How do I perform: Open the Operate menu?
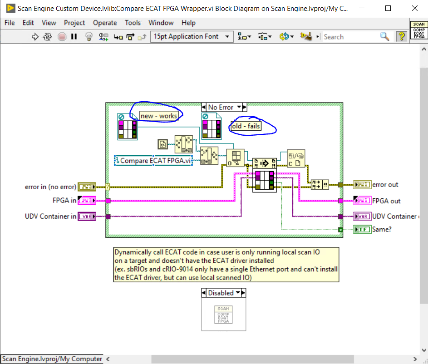click(105, 23)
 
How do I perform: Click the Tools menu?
click(133, 23)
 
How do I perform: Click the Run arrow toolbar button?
click(35, 37)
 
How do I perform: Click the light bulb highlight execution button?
click(89, 37)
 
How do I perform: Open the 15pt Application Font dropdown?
click(192, 37)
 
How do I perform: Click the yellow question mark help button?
click(401, 37)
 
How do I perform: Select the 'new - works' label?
click(158, 116)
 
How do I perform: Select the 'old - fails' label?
click(246, 126)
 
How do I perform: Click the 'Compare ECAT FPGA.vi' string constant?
click(153, 161)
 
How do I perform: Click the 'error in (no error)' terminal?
click(86, 186)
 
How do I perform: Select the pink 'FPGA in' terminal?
click(86, 201)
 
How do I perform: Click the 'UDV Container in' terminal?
click(86, 216)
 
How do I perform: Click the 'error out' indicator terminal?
click(362, 185)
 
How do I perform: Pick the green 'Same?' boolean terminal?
click(362, 230)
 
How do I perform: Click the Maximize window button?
click(388, 9)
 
